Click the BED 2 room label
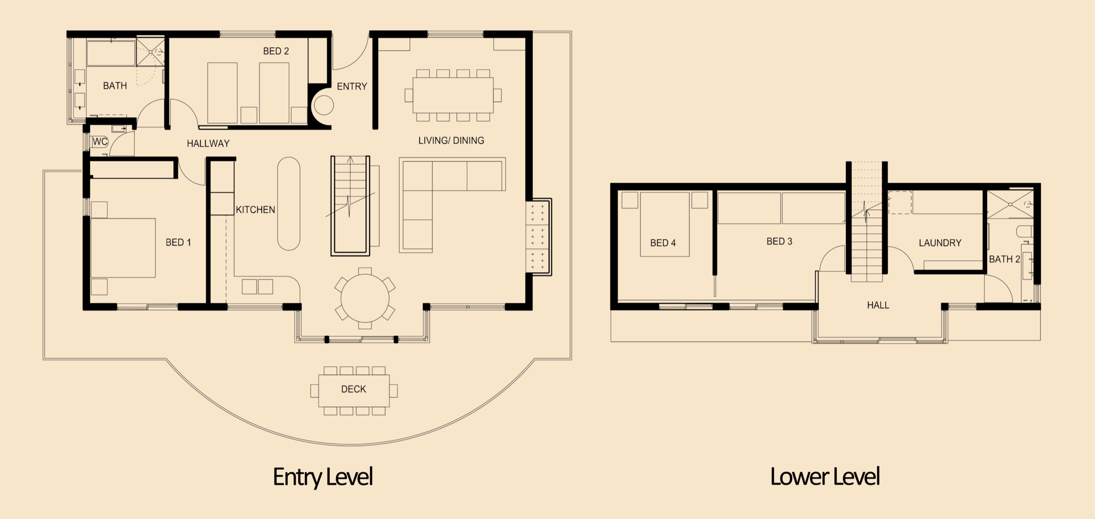(x=276, y=51)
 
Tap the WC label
(x=100, y=142)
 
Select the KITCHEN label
(x=255, y=210)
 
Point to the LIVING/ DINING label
(x=451, y=141)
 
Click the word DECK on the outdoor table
(x=353, y=389)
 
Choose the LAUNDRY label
(x=940, y=243)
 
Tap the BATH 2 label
(x=1004, y=259)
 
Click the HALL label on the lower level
(x=878, y=305)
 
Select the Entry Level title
(x=323, y=477)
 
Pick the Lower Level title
(x=825, y=477)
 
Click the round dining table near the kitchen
(x=365, y=299)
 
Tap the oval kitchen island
(x=289, y=204)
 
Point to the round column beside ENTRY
(x=323, y=106)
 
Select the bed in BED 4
(x=664, y=224)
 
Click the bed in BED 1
(x=123, y=248)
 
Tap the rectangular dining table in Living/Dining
(x=453, y=95)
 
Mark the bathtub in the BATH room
(x=111, y=53)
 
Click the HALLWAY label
(x=208, y=143)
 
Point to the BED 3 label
(x=779, y=242)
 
